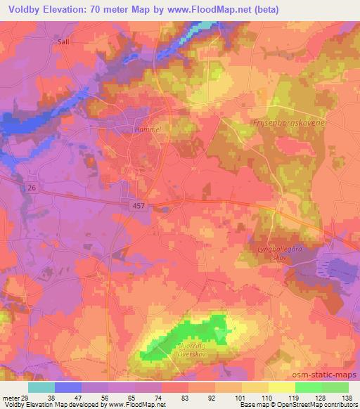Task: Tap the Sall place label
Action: (x=64, y=41)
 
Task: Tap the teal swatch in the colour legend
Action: (x=41, y=387)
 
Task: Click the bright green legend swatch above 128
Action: (x=309, y=387)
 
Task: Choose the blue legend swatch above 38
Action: (x=68, y=387)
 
